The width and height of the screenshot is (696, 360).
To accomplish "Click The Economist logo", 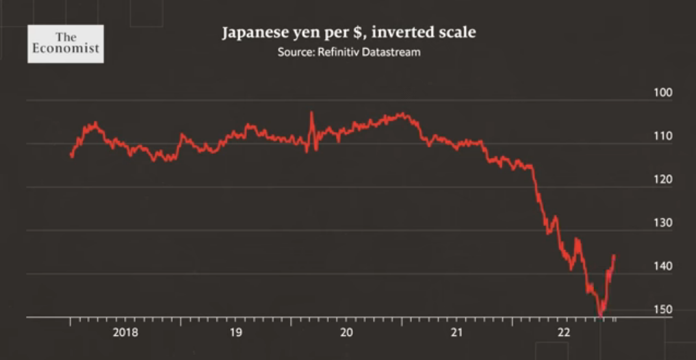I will pyautogui.click(x=65, y=44).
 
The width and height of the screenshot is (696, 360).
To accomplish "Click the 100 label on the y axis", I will pyautogui.click(x=663, y=92).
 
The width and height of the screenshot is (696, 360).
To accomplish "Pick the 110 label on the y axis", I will pyautogui.click(x=663, y=136).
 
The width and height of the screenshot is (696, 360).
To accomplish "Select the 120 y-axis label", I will pyautogui.click(x=663, y=179).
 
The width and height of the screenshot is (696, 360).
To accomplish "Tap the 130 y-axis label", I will pyautogui.click(x=663, y=223).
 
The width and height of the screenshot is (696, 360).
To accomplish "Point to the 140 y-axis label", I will pyautogui.click(x=663, y=266).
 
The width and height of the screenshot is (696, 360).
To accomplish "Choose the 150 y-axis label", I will pyautogui.click(x=663, y=309).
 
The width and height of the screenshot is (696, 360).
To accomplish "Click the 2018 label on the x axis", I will pyautogui.click(x=125, y=333).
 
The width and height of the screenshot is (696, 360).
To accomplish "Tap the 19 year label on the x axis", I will pyautogui.click(x=236, y=333).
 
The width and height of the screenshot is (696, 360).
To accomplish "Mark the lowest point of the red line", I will pyautogui.click(x=600, y=315).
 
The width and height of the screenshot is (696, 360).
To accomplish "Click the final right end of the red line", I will pyautogui.click(x=615, y=255).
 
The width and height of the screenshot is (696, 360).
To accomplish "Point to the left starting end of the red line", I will pyautogui.click(x=71, y=156).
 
